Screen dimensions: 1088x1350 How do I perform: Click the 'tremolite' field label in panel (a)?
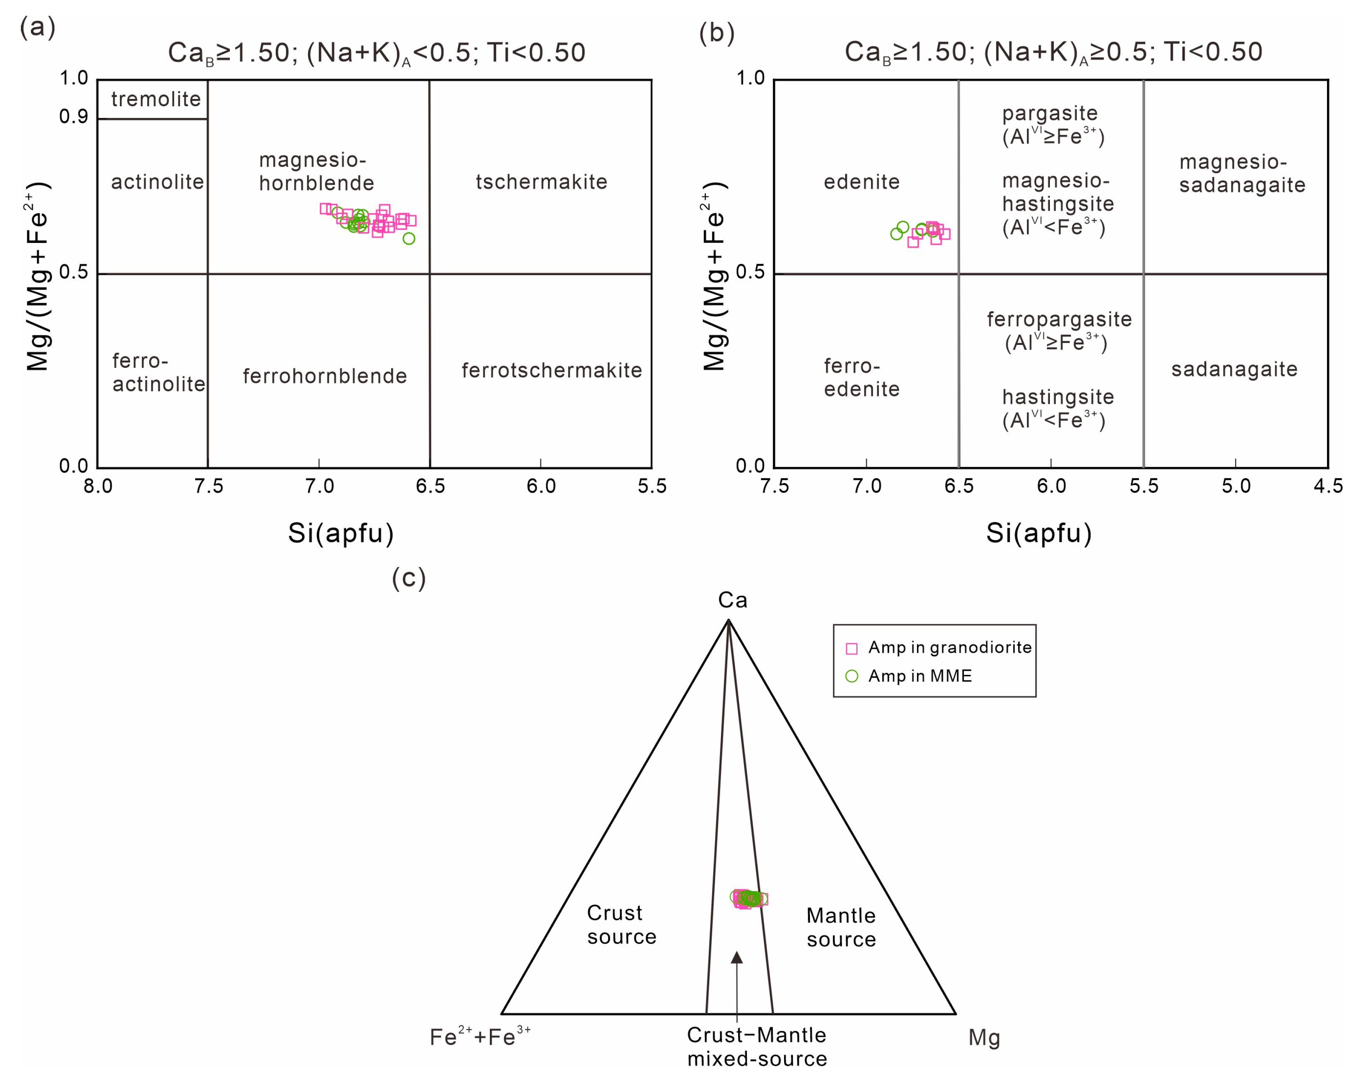[x=155, y=99]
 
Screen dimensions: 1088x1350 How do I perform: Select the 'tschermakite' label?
[x=541, y=182]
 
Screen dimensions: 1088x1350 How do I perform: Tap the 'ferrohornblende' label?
[x=324, y=376]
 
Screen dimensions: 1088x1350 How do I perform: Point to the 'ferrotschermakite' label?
[x=551, y=370]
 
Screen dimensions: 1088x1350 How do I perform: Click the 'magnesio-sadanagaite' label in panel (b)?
[x=1242, y=174]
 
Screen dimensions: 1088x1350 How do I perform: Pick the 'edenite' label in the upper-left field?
[x=861, y=182]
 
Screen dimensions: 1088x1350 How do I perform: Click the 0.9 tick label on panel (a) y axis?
[x=73, y=117]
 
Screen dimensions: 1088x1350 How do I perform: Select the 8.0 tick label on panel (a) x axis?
[x=98, y=486]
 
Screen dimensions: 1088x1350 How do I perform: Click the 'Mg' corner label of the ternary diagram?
[x=983, y=1038]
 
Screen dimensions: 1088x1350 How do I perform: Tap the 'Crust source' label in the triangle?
[x=621, y=925]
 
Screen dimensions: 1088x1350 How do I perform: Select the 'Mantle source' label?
[x=841, y=927]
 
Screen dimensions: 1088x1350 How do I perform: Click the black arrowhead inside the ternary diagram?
[x=737, y=958]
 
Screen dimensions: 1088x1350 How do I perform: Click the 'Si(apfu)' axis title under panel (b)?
[x=1039, y=533]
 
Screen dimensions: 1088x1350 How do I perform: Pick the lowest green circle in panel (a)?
[x=408, y=239]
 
